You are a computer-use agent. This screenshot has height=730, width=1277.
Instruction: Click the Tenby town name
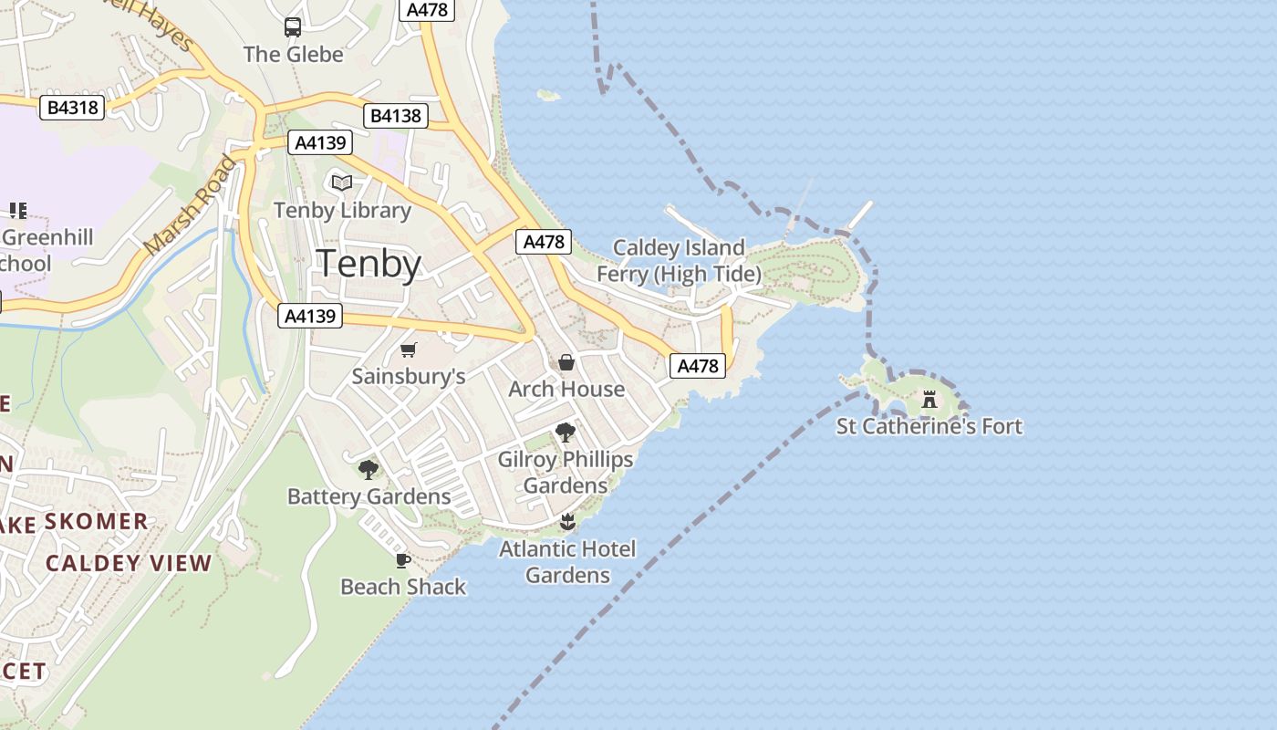369,264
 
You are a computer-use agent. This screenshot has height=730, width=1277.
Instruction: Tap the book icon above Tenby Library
342,183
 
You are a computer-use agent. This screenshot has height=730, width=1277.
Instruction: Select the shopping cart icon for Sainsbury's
409,349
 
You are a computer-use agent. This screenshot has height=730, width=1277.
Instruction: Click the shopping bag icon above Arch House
566,362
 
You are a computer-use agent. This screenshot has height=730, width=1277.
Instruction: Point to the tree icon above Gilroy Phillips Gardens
566,433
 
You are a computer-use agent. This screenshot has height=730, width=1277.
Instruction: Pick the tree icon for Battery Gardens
369,470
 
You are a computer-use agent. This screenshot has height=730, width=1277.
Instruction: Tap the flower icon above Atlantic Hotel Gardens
567,522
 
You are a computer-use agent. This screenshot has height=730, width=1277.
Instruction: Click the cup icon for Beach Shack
403,560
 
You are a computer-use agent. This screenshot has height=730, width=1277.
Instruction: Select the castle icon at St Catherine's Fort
929,400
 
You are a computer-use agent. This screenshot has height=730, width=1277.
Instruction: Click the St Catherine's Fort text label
929,426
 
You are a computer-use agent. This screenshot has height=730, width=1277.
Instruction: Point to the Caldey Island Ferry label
679,260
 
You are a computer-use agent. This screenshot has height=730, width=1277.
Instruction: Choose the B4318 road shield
73,108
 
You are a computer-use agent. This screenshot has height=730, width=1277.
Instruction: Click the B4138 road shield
396,116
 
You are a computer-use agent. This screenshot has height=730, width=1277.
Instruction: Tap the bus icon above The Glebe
293,27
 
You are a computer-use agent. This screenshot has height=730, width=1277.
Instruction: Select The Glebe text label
293,54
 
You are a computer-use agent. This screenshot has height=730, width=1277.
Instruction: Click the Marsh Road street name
190,206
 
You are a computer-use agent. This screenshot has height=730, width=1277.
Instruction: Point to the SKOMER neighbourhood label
96,521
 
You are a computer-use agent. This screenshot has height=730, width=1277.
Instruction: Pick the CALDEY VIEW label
129,563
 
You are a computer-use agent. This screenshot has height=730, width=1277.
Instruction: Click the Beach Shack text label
403,587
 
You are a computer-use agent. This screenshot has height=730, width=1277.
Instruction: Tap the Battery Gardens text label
369,496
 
